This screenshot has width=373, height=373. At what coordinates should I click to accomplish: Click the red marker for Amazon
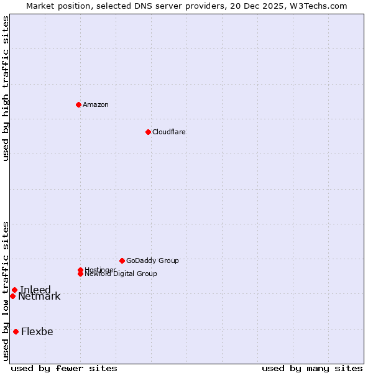78,104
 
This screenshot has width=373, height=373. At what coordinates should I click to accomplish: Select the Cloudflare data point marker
148,132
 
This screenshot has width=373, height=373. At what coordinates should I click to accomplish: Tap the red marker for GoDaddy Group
122,260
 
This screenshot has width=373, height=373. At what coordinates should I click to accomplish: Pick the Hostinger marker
80,270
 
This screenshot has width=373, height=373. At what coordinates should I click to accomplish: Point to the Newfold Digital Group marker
81,274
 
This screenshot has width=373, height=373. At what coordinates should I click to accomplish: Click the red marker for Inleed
14,290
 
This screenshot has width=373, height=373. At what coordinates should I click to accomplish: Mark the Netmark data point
12,296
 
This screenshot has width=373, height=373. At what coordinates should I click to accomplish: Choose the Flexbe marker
16,331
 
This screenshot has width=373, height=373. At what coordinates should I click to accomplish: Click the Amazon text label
96,104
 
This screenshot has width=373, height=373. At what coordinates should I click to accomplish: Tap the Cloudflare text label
169,132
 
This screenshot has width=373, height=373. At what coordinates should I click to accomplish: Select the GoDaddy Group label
152,260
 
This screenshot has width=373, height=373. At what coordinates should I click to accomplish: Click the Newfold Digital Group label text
121,274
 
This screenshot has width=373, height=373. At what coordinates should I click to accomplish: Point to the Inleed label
35,290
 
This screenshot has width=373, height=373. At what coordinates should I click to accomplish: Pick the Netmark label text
39,297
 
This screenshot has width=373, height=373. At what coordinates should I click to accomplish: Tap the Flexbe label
37,331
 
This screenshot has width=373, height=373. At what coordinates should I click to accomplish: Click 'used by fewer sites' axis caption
64,368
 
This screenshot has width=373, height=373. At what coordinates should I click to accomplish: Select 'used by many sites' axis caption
312,368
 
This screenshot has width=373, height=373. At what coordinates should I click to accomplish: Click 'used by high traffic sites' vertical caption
6,88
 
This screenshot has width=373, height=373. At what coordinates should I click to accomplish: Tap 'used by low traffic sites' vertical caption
6,291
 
